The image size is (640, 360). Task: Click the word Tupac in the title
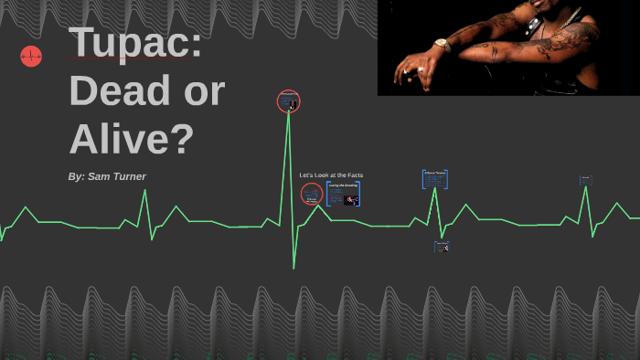click(134, 43)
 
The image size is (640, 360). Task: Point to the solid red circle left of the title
click(31, 57)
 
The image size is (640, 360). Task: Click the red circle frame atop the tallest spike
click(289, 101)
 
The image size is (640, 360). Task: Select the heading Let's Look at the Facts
click(331, 175)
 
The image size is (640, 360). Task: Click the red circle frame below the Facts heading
click(312, 194)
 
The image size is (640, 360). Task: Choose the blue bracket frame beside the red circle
click(343, 194)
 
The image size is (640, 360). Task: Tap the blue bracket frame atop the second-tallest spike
click(434, 178)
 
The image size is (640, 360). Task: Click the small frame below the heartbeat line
click(442, 247)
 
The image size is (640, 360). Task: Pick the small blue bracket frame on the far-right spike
click(585, 181)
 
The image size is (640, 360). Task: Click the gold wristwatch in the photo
click(442, 44)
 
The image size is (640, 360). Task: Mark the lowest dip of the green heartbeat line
click(293, 267)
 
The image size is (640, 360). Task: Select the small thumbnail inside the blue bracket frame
click(350, 199)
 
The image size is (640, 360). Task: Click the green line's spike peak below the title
click(144, 191)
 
